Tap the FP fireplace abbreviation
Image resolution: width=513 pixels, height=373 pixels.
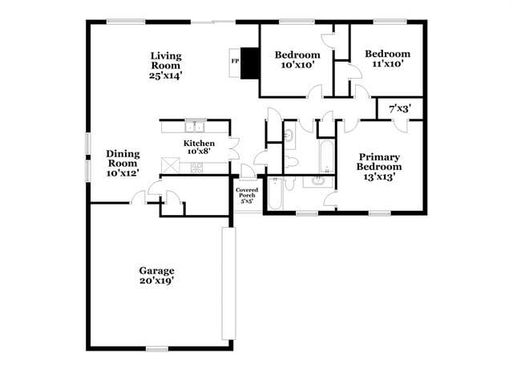click(235, 61)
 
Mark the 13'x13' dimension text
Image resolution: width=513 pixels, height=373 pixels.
click(378, 176)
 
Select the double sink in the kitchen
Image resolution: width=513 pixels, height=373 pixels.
click(195, 126)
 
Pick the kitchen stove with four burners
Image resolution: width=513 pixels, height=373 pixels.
click(196, 167)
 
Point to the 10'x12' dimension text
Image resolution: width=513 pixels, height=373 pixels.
click(123, 173)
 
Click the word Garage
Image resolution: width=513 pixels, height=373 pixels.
click(156, 270)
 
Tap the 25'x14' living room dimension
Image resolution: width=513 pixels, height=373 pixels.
click(165, 75)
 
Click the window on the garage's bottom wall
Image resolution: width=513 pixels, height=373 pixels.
click(157, 348)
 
